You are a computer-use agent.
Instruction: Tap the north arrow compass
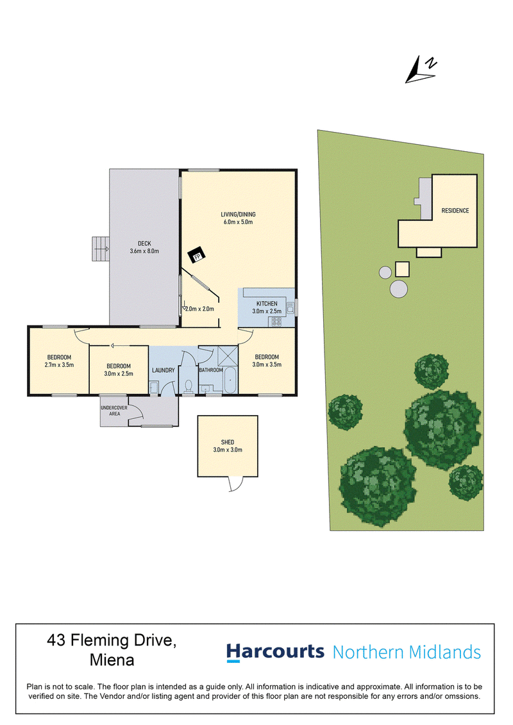[x=421, y=70]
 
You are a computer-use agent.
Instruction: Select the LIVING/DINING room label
[x=238, y=215]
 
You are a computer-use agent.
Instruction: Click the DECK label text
[x=144, y=243]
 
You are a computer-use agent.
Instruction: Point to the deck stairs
[x=100, y=248]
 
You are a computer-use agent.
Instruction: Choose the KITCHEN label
[x=267, y=304]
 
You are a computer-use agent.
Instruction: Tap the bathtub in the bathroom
[x=230, y=380]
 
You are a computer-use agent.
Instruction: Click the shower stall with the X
[x=228, y=356]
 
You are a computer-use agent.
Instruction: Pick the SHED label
[x=228, y=443]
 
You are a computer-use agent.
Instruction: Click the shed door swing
[x=236, y=484]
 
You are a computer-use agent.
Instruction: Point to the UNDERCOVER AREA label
[x=114, y=411]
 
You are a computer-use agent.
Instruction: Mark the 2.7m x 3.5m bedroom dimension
[x=59, y=365]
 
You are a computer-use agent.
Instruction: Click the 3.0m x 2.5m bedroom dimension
[x=119, y=373]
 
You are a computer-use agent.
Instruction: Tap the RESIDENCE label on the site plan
[x=455, y=211]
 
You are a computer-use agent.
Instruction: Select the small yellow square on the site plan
[x=402, y=269]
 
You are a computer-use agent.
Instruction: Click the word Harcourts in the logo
[x=275, y=652]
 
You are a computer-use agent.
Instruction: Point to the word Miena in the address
[x=112, y=660]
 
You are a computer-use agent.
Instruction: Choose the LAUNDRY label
[x=164, y=370]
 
